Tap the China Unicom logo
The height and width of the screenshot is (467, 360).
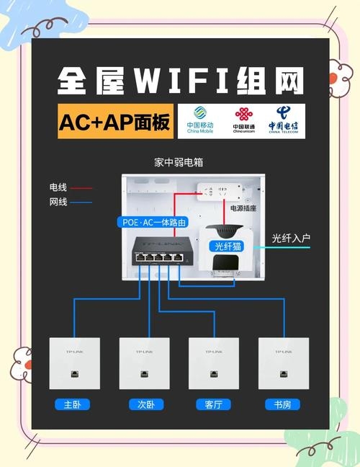pos(243,121)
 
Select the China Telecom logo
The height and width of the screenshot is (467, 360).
pos(283,121)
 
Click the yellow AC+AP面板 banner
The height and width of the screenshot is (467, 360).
pos(116,123)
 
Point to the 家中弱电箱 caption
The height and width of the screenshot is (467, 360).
pos(179,162)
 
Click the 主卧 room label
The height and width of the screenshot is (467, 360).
pos(72,404)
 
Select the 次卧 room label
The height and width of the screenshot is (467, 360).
pos(144,404)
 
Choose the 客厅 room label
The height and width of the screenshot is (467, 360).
pos(213,404)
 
